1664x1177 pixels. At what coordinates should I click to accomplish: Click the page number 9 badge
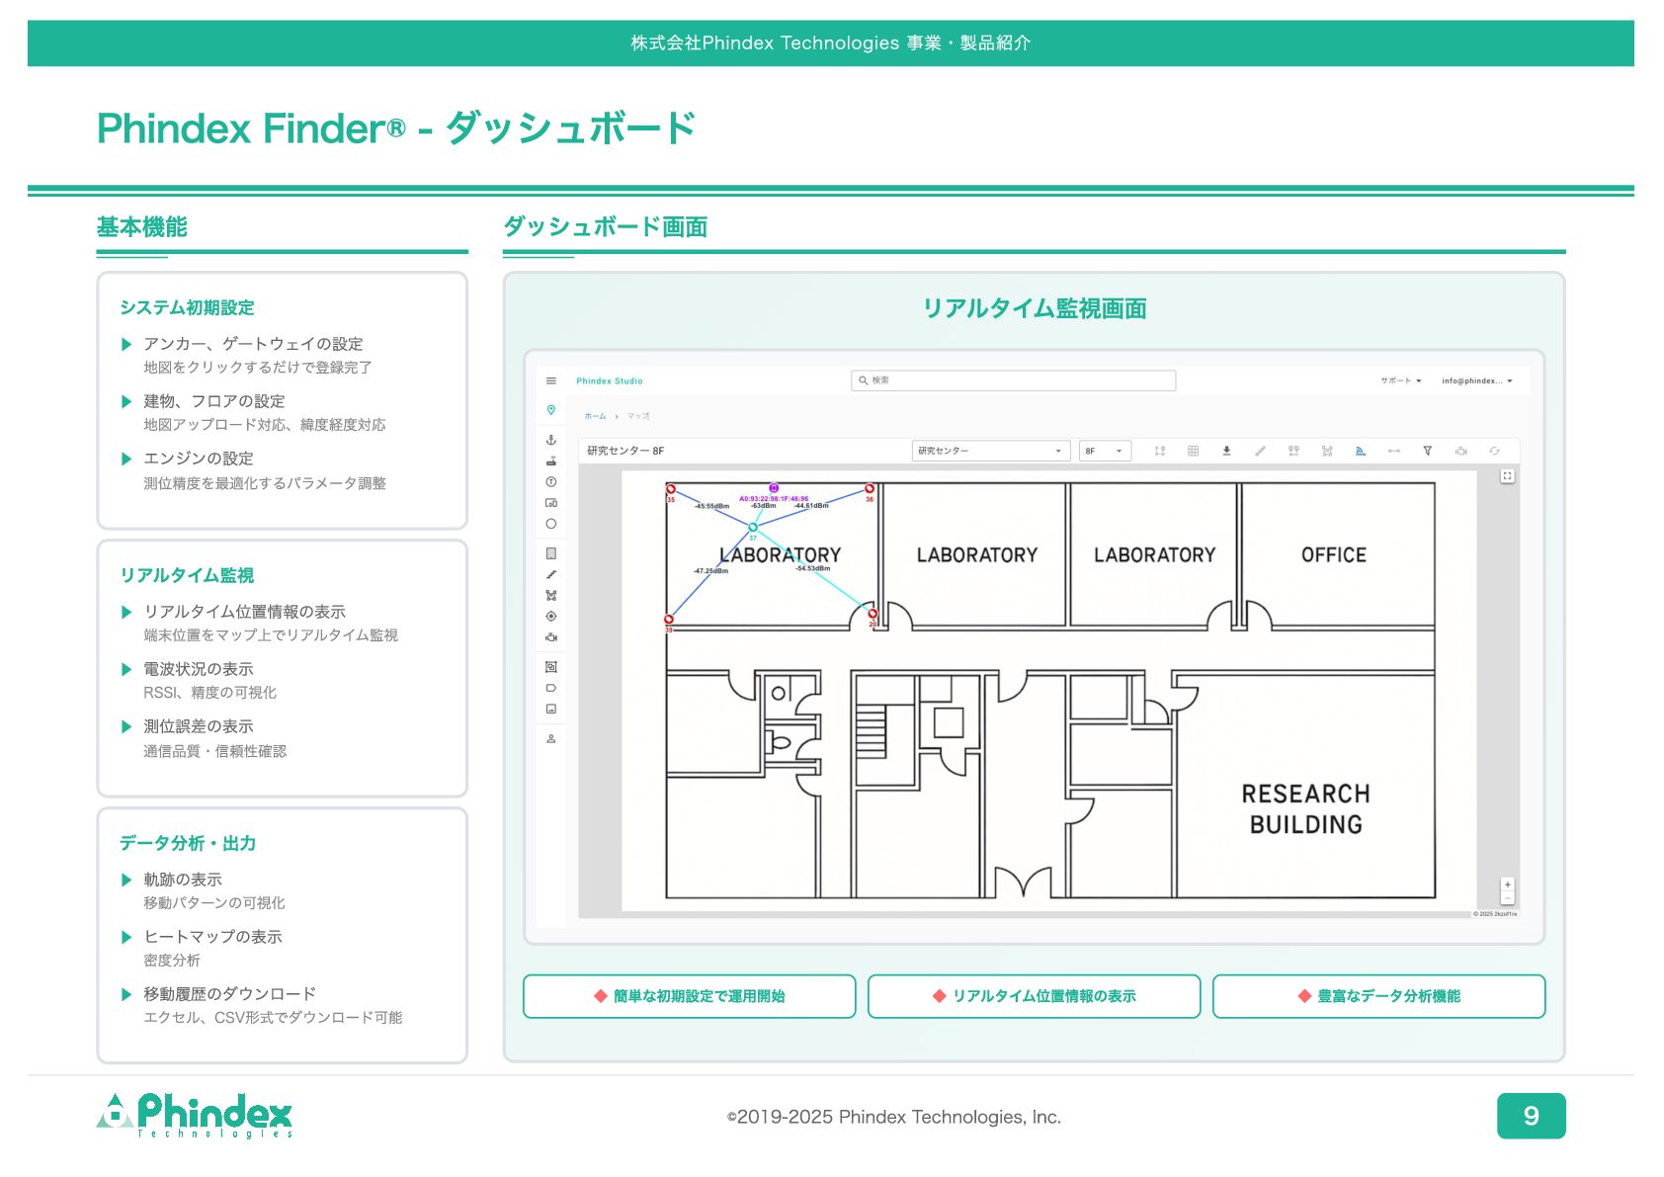(x=1530, y=1116)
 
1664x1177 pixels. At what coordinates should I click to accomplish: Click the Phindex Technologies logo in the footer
(x=195, y=1116)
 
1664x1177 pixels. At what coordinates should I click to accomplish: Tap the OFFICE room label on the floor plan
(x=1333, y=555)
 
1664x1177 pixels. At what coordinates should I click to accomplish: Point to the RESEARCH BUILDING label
(x=1305, y=808)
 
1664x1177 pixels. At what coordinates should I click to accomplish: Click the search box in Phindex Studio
(x=1013, y=380)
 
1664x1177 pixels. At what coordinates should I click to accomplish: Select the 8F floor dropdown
(x=1104, y=451)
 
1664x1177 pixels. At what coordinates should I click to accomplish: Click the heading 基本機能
(x=141, y=227)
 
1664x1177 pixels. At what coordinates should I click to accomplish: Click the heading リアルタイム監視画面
(x=1034, y=308)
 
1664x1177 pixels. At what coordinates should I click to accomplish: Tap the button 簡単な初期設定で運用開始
(x=689, y=996)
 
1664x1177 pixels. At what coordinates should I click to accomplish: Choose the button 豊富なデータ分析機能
(x=1378, y=996)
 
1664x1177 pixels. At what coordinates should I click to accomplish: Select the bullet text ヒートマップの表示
(x=212, y=937)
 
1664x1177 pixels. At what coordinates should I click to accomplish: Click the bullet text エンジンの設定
(x=198, y=459)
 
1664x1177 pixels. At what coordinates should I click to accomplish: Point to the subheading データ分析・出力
(x=188, y=843)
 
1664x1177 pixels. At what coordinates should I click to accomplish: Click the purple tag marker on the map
(x=774, y=488)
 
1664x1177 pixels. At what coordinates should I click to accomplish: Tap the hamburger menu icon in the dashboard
(x=551, y=380)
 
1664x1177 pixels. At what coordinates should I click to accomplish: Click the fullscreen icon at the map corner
(x=1507, y=476)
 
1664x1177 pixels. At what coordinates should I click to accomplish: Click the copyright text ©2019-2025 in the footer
(x=893, y=1117)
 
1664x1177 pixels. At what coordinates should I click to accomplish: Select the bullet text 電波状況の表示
(x=198, y=669)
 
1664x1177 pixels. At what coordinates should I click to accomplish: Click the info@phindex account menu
(x=1476, y=380)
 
